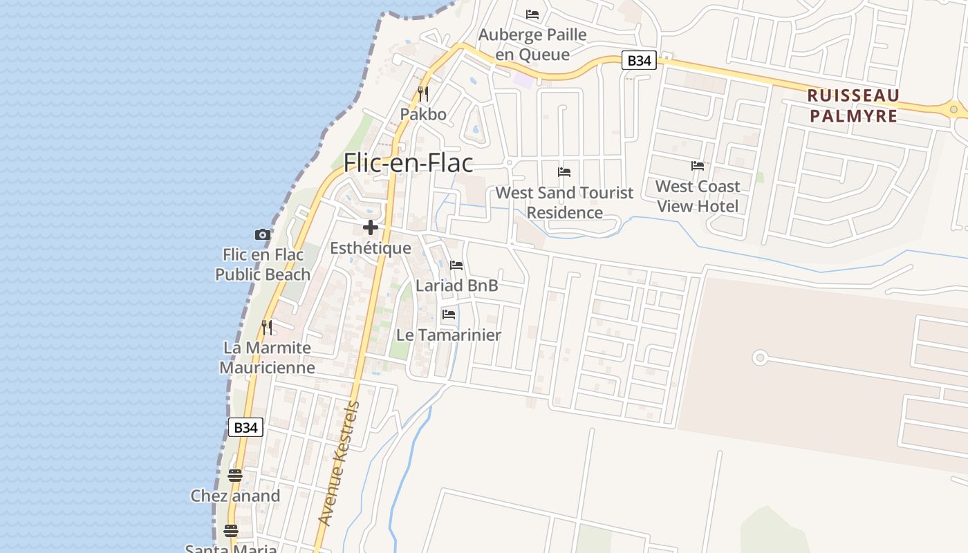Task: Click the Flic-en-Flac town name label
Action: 409,163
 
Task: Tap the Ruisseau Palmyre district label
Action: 853,105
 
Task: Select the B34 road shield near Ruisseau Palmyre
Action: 638,61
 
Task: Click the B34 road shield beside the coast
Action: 245,427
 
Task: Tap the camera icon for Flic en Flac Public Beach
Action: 263,235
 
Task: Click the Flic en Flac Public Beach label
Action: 263,265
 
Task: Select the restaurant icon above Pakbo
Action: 423,93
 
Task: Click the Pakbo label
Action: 423,114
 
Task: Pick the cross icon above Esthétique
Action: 371,227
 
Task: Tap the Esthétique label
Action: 371,248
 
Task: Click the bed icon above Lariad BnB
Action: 456,265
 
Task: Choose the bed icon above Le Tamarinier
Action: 449,315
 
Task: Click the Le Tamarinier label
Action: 449,335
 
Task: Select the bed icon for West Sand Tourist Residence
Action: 564,172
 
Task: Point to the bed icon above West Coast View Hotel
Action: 698,166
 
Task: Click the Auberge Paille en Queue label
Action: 532,44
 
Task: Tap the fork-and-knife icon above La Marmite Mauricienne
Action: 267,327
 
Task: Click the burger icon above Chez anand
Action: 235,476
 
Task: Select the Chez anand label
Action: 235,496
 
